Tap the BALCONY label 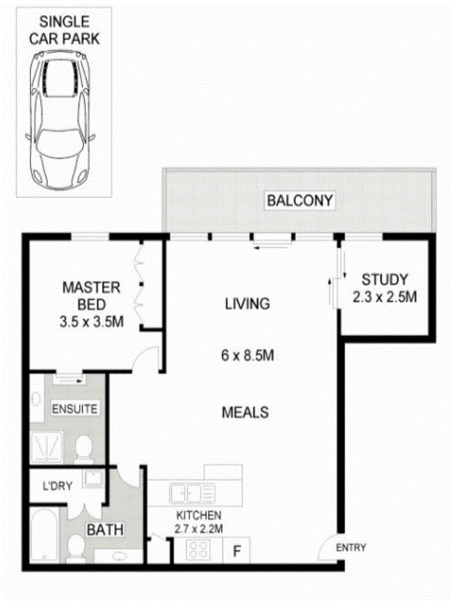[x=300, y=201]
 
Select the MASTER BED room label [x=91, y=296]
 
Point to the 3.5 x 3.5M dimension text [x=91, y=323]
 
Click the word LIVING [x=247, y=304]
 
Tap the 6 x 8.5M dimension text [x=247, y=356]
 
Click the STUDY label [x=385, y=280]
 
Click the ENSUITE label [x=74, y=409]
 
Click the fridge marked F [x=237, y=551]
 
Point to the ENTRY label [x=351, y=548]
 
